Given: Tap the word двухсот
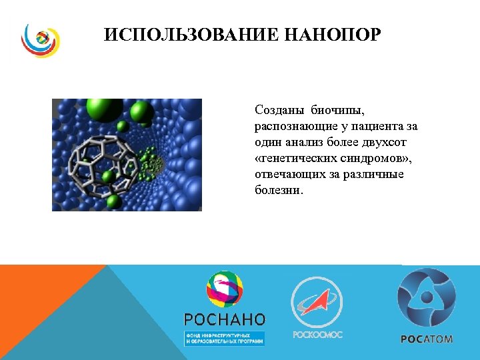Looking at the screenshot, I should coord(391,142).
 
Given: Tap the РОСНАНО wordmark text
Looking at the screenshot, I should coord(225,319).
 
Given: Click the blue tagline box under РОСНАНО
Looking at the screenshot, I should coord(225,337).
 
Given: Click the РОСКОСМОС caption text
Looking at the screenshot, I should coord(317,334).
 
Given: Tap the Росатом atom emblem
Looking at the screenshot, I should coord(426,297).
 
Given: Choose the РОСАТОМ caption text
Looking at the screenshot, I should coord(427,339).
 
